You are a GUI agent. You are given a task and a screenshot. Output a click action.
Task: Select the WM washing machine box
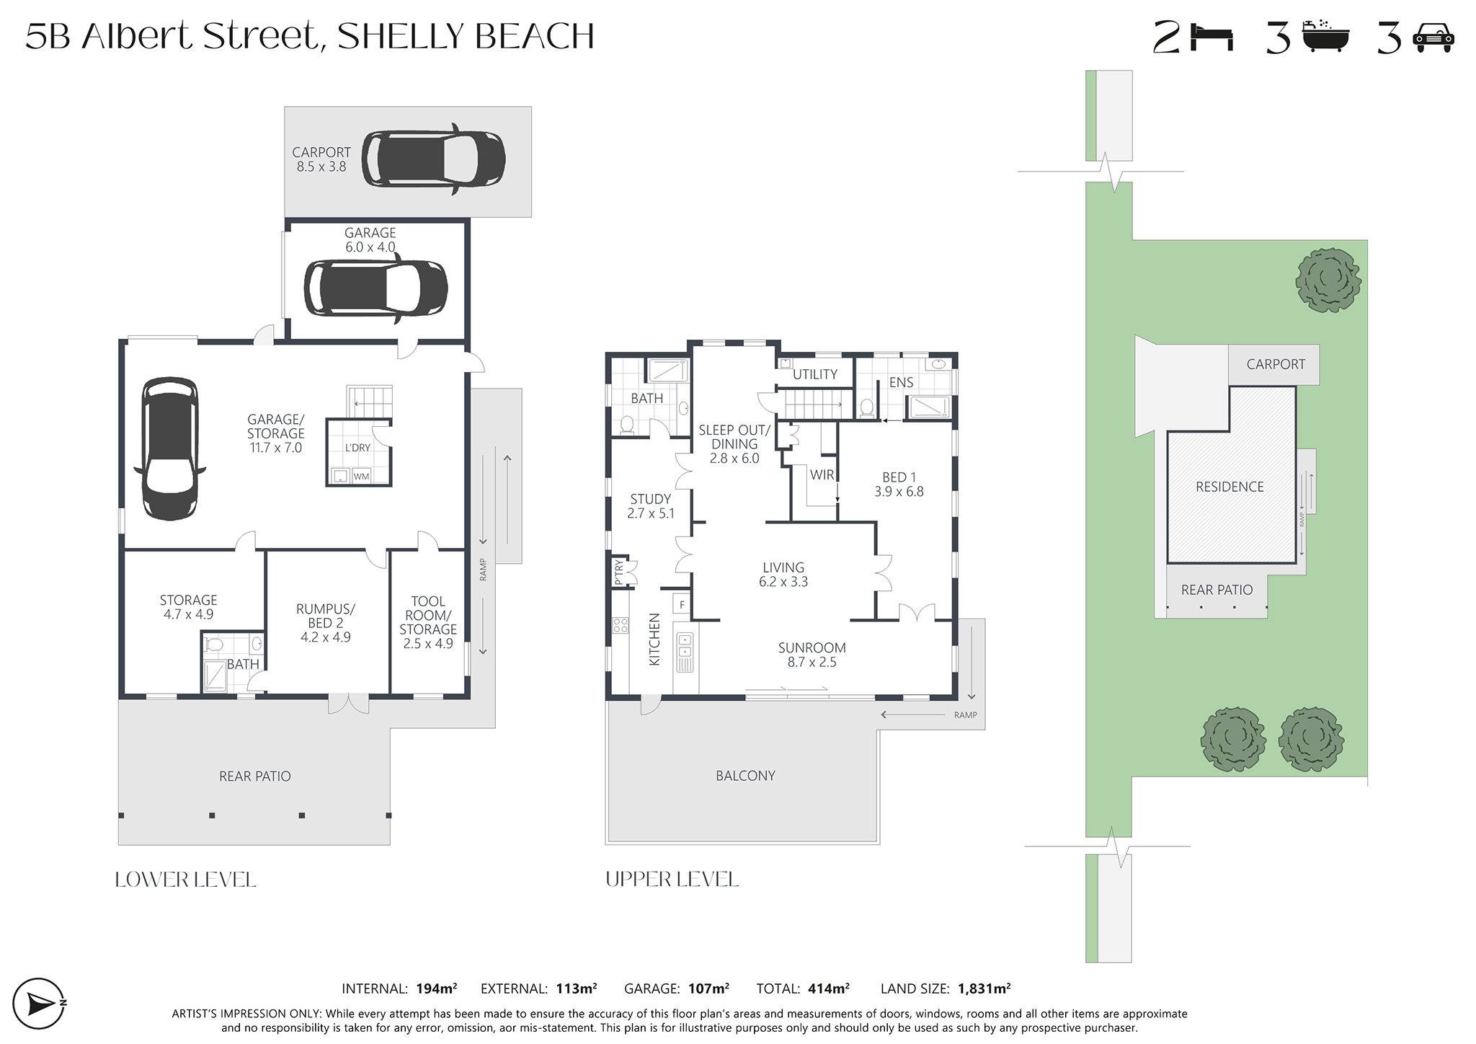point(361,477)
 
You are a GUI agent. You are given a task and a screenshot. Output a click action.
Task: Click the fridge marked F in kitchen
point(682,604)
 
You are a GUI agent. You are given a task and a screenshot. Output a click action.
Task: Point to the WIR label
point(822,475)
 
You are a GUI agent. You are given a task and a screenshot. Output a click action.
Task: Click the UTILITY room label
point(815,374)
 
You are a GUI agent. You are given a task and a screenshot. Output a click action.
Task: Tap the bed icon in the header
point(1212,37)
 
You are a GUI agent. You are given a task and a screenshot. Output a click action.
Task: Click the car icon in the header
point(1433,38)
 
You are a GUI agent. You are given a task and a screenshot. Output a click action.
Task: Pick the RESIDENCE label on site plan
point(1230,487)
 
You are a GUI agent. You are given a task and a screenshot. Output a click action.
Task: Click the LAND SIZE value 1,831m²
point(984,989)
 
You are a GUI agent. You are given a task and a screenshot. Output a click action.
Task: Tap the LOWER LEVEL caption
point(186,880)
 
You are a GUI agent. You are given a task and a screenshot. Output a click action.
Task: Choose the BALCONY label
point(745,776)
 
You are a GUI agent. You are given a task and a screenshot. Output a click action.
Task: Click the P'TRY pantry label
point(618,572)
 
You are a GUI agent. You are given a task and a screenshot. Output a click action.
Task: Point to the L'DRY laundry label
point(357,448)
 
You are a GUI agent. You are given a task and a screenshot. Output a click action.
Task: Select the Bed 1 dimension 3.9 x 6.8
point(899,492)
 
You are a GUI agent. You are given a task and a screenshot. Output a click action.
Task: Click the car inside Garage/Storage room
point(170,448)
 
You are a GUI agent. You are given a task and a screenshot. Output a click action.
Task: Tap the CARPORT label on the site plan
point(1276,364)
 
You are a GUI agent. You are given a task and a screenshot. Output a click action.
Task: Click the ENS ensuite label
point(901,382)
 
